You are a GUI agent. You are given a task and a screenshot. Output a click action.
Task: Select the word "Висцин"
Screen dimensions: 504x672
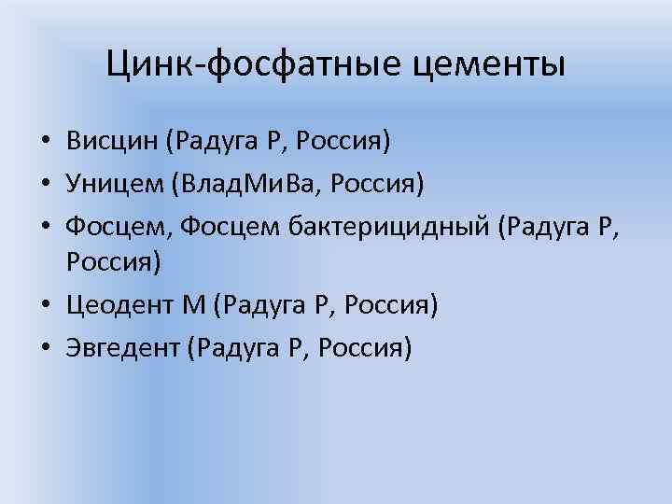click(110, 142)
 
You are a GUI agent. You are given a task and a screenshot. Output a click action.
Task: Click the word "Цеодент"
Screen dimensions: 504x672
click(121, 306)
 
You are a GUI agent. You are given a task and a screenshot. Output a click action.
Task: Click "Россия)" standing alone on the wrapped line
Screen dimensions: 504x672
click(114, 264)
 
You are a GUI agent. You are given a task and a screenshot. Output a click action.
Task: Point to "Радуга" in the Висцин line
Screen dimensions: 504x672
click(213, 142)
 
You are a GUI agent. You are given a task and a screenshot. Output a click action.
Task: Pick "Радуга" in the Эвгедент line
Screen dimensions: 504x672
click(233, 347)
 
